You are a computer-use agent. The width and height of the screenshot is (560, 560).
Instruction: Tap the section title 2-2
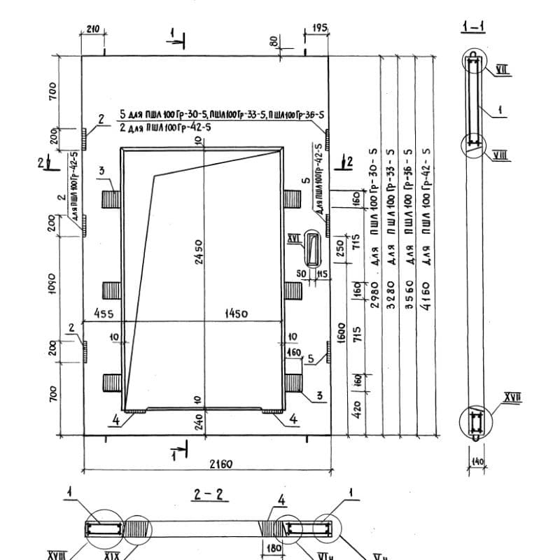coord(208,495)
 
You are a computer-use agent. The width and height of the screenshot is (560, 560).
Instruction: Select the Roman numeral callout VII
coord(501,69)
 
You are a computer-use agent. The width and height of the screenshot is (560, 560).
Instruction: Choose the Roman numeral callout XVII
coord(512,399)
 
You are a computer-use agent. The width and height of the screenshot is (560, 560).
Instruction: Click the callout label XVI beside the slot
coord(294,239)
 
